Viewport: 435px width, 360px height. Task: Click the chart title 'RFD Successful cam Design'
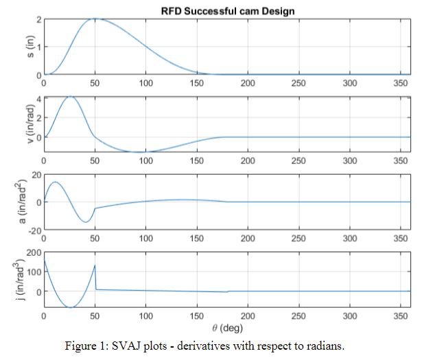pos(227,10)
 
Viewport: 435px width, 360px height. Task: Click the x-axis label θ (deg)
pos(227,328)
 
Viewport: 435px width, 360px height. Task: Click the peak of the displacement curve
pos(95,19)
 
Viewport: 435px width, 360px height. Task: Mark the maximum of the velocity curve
pos(69,97)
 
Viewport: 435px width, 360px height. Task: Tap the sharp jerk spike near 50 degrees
pos(95,265)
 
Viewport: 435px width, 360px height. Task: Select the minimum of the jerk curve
pos(70,307)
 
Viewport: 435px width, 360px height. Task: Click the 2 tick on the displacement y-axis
pos(38,19)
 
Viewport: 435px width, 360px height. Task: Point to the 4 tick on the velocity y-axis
pos(38,99)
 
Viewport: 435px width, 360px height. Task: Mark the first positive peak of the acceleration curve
pos(55,182)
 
